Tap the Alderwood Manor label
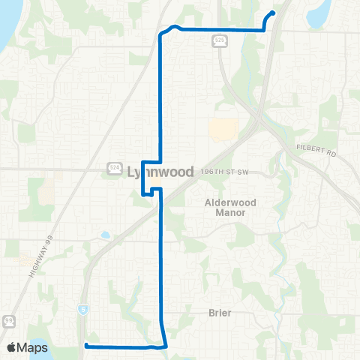(226, 207)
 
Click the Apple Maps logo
(28, 347)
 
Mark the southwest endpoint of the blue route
(85, 345)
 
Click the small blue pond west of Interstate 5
(105, 235)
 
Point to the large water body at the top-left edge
(6, 30)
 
